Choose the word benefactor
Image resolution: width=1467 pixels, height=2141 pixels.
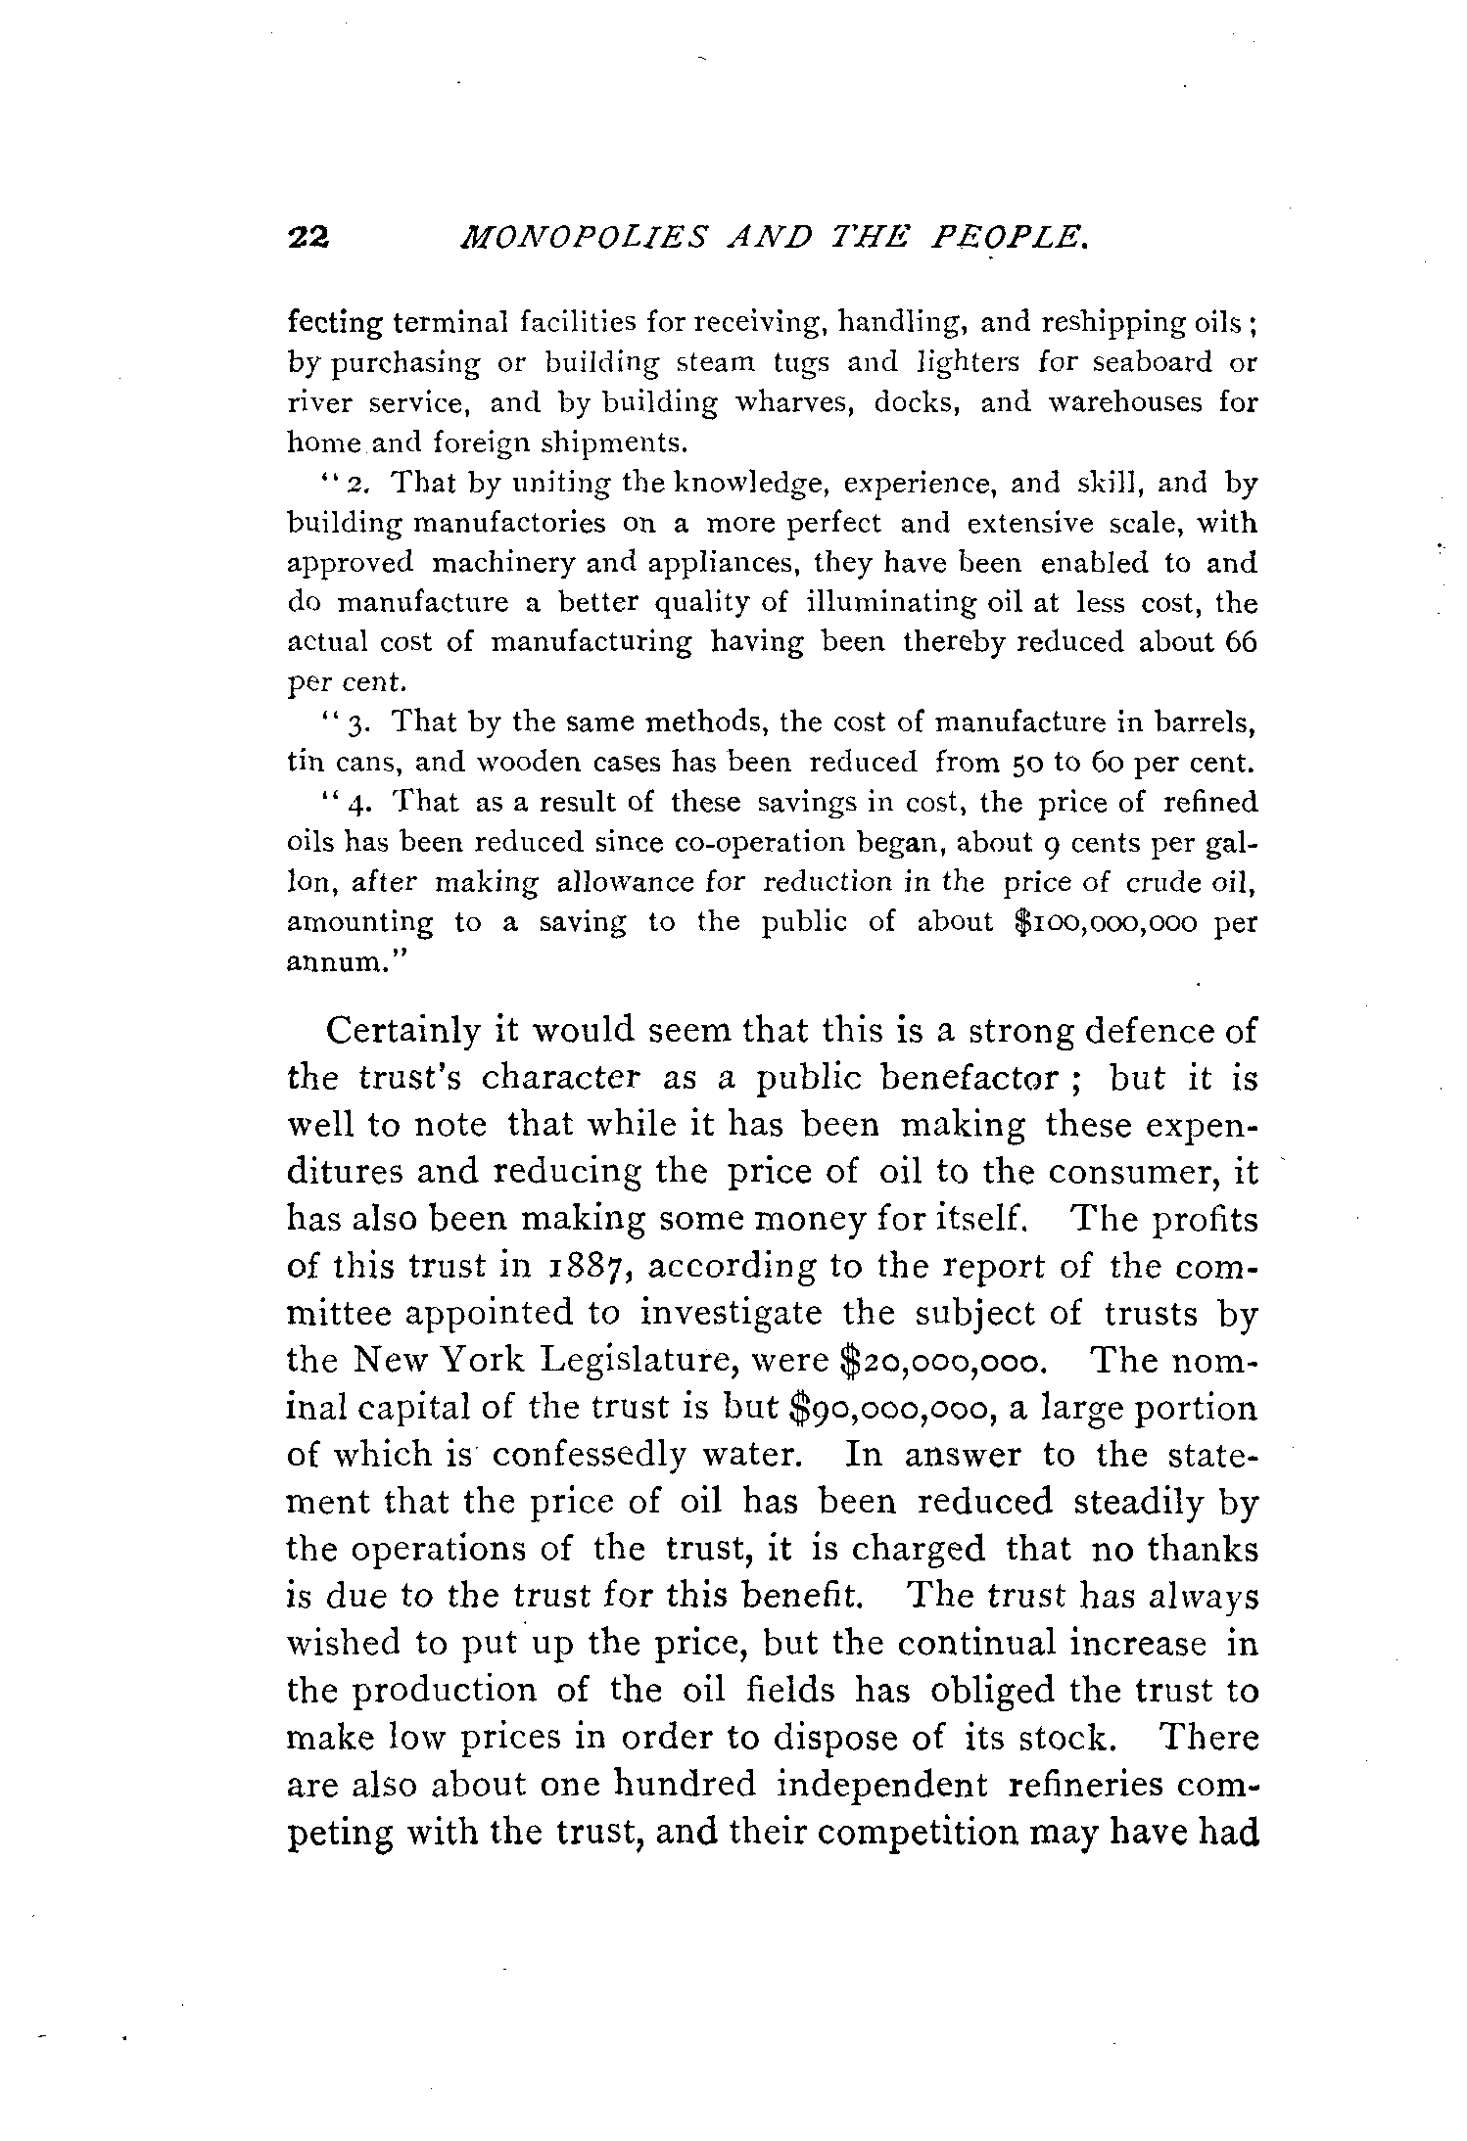pos(969,1079)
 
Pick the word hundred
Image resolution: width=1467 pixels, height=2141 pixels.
pos(685,1785)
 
